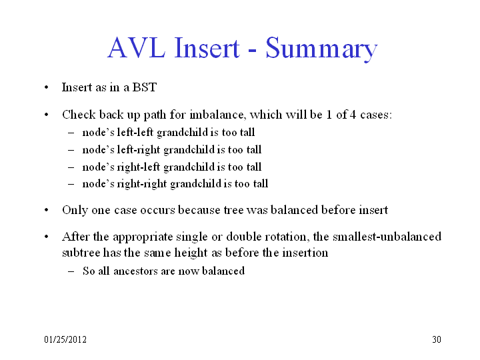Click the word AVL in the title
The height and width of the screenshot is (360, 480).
click(137, 48)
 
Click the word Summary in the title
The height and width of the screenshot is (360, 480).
click(321, 49)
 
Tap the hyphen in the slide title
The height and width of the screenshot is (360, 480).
click(252, 50)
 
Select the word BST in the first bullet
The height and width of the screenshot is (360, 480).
click(145, 87)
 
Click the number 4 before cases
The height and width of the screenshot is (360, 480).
click(353, 115)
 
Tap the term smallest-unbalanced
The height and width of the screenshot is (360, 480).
click(387, 237)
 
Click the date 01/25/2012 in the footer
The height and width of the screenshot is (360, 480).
click(65, 339)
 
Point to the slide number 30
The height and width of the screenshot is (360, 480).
click(437, 339)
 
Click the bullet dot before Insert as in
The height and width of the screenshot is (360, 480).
click(46, 87)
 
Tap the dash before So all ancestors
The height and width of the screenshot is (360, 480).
click(71, 271)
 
